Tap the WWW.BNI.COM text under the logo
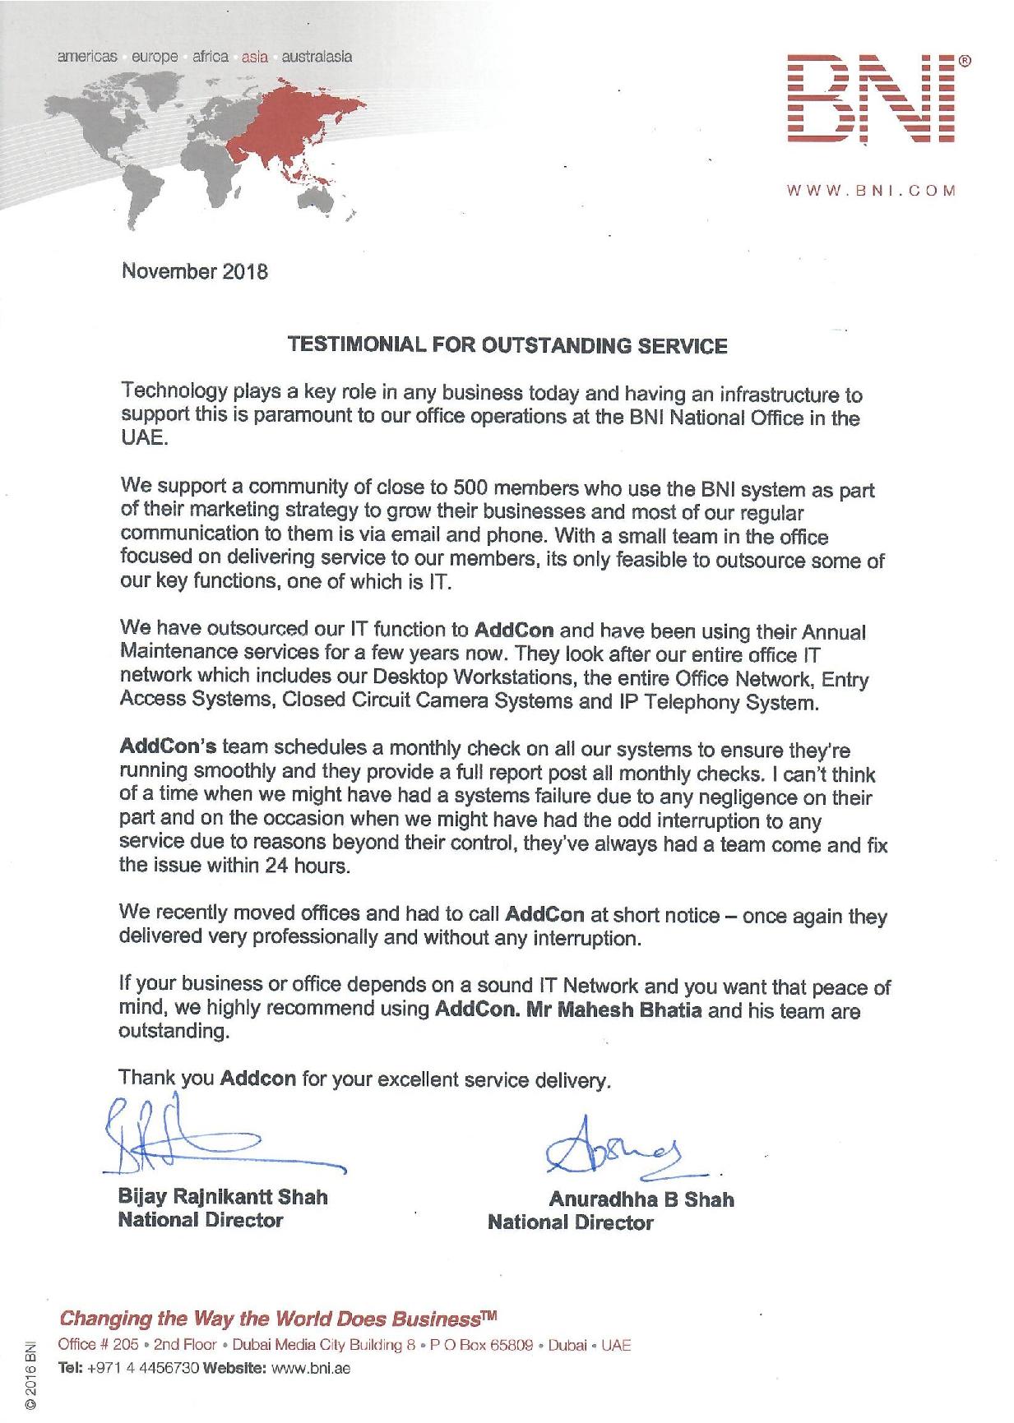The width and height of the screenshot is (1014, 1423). [x=871, y=192]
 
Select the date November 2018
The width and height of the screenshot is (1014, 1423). [x=195, y=271]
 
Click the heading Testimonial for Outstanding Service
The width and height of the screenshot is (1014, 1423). [x=506, y=345]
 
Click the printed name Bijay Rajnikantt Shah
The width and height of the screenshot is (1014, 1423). [x=223, y=1197]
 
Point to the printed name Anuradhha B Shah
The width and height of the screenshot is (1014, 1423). [x=641, y=1199]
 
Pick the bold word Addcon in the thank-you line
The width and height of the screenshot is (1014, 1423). [x=258, y=1078]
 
